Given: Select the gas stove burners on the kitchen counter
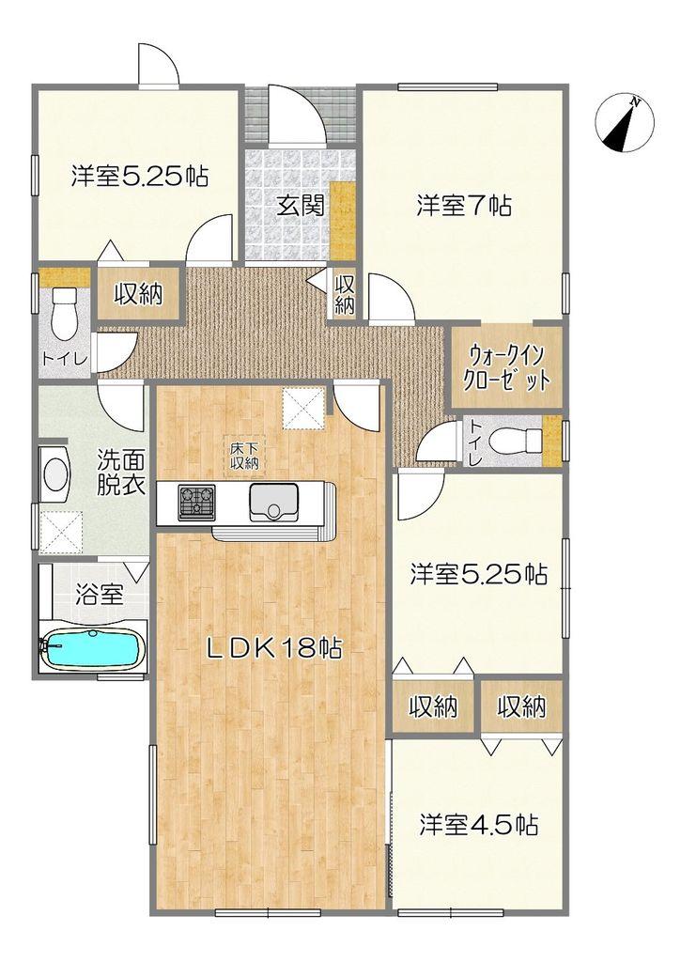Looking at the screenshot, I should click(x=196, y=500).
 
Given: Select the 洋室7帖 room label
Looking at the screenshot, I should click(x=463, y=206).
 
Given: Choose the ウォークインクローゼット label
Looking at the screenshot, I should click(x=507, y=367).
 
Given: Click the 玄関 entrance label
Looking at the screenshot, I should click(x=300, y=205).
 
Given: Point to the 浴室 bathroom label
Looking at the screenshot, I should click(x=99, y=594).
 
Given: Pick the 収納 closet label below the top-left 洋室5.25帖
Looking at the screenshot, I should click(x=139, y=294).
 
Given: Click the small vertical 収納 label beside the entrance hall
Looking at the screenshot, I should click(x=345, y=293).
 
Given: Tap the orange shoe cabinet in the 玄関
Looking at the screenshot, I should click(x=343, y=221).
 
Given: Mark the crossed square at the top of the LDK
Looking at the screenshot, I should click(x=304, y=408).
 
